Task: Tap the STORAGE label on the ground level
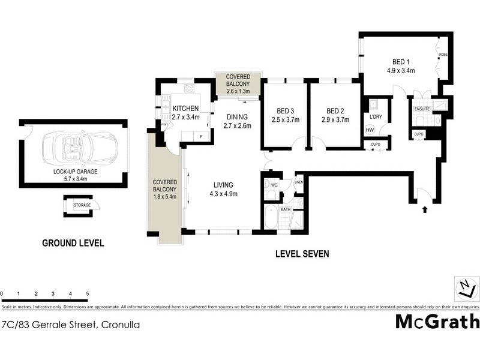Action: (x=82, y=205)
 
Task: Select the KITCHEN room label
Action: (x=185, y=108)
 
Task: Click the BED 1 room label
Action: (x=401, y=62)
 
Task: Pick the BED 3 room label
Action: (x=285, y=110)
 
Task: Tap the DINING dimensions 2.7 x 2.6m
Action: (x=236, y=125)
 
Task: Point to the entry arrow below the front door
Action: (x=425, y=209)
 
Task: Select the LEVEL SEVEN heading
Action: (x=302, y=254)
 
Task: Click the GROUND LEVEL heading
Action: (x=73, y=243)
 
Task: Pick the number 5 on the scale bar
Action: (x=88, y=294)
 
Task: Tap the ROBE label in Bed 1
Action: (x=443, y=55)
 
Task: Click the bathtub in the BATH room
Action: (x=271, y=218)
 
